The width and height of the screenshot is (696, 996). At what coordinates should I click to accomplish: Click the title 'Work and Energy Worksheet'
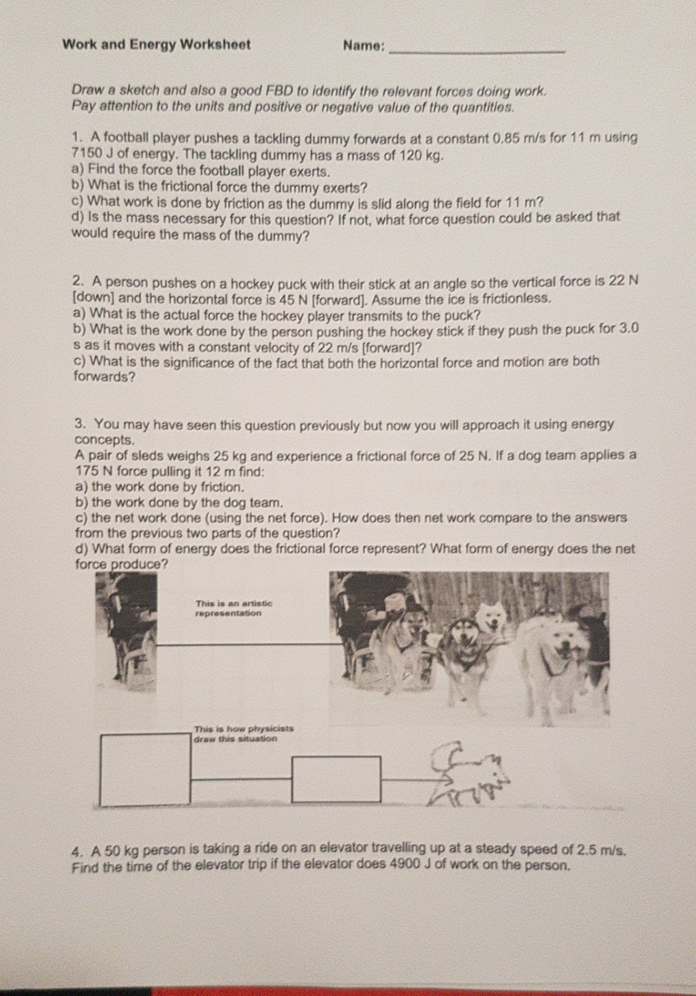click(x=156, y=45)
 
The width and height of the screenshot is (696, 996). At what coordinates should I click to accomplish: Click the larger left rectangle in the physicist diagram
click(x=145, y=769)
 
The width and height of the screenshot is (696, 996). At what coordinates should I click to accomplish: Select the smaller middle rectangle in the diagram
click(x=336, y=779)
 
